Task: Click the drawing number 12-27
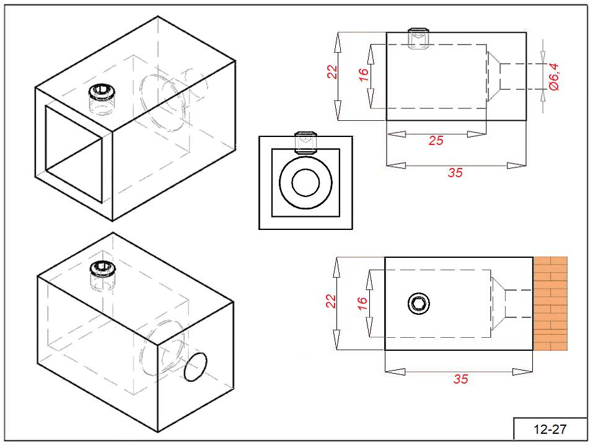(551, 429)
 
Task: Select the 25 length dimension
(436, 141)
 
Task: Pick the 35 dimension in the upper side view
(455, 173)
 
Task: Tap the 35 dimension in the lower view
(460, 379)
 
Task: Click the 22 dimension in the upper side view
(332, 73)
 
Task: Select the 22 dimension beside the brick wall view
(331, 301)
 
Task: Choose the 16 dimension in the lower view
(362, 303)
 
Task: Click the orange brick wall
(551, 302)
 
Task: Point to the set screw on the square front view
(305, 142)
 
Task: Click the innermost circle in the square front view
(305, 183)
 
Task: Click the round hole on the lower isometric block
(197, 367)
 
